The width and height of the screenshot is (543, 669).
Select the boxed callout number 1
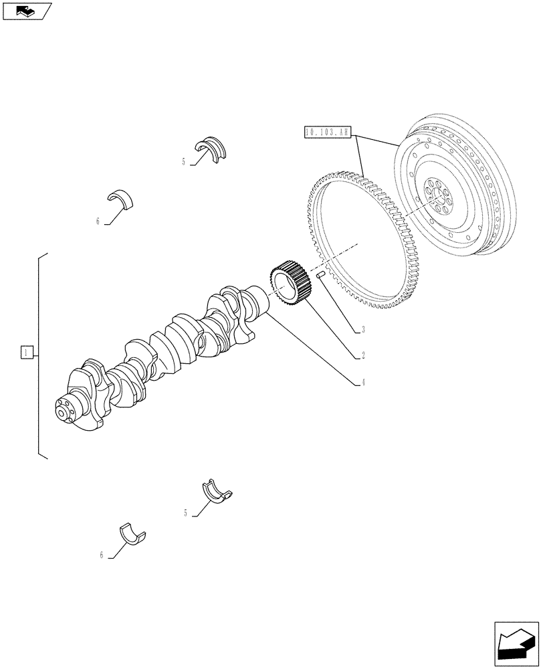tap(26, 352)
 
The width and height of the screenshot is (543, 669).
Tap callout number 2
tap(362, 355)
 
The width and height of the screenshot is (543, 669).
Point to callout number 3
tap(362, 329)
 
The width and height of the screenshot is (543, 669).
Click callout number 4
tap(362, 383)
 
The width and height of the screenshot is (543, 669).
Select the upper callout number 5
tap(183, 162)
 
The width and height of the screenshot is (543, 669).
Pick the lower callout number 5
tap(185, 513)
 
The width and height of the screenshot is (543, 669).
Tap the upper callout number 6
tap(98, 221)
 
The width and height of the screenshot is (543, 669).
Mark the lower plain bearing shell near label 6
tap(132, 532)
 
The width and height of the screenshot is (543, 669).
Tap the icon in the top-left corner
tap(27, 10)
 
